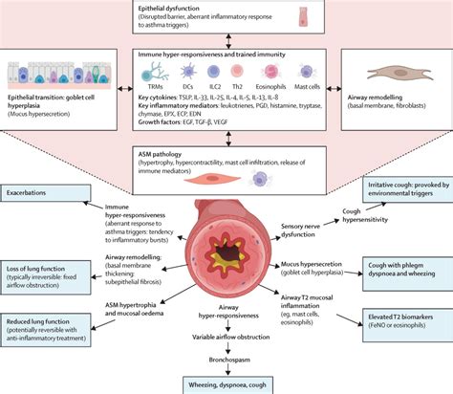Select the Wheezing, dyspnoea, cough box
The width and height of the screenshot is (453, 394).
pyautogui.click(x=226, y=379)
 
